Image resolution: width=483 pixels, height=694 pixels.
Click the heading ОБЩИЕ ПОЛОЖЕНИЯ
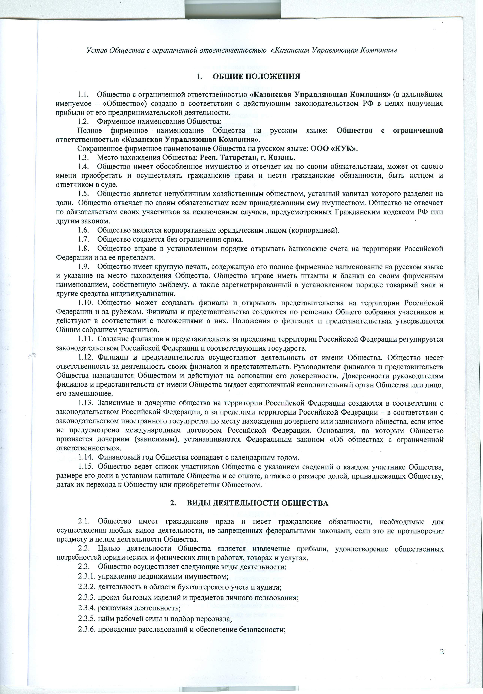click(257, 76)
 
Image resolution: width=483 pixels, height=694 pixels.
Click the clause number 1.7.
click(83, 240)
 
